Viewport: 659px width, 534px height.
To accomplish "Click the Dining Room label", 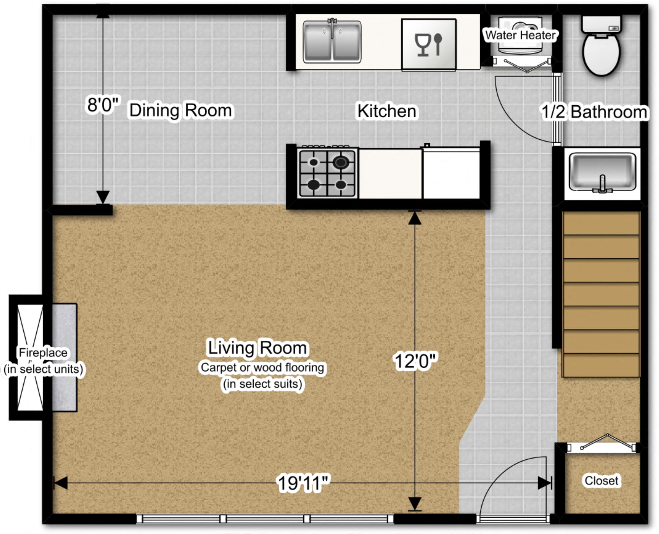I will click(181, 110).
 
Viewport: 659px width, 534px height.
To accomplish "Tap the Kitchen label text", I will click(386, 111).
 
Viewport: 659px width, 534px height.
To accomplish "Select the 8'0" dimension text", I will click(103, 104).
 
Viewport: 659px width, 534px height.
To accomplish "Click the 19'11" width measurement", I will click(303, 483).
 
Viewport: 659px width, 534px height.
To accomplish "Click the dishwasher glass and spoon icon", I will click(428, 45).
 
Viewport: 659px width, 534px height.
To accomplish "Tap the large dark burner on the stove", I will click(341, 162).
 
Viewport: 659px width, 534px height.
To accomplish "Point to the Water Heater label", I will click(520, 35).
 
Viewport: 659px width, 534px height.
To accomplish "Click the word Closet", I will click(601, 480).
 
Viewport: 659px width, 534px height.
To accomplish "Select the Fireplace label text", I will click(43, 353).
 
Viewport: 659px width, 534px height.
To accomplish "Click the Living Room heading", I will click(257, 348).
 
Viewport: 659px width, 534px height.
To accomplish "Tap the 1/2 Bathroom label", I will click(594, 112).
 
